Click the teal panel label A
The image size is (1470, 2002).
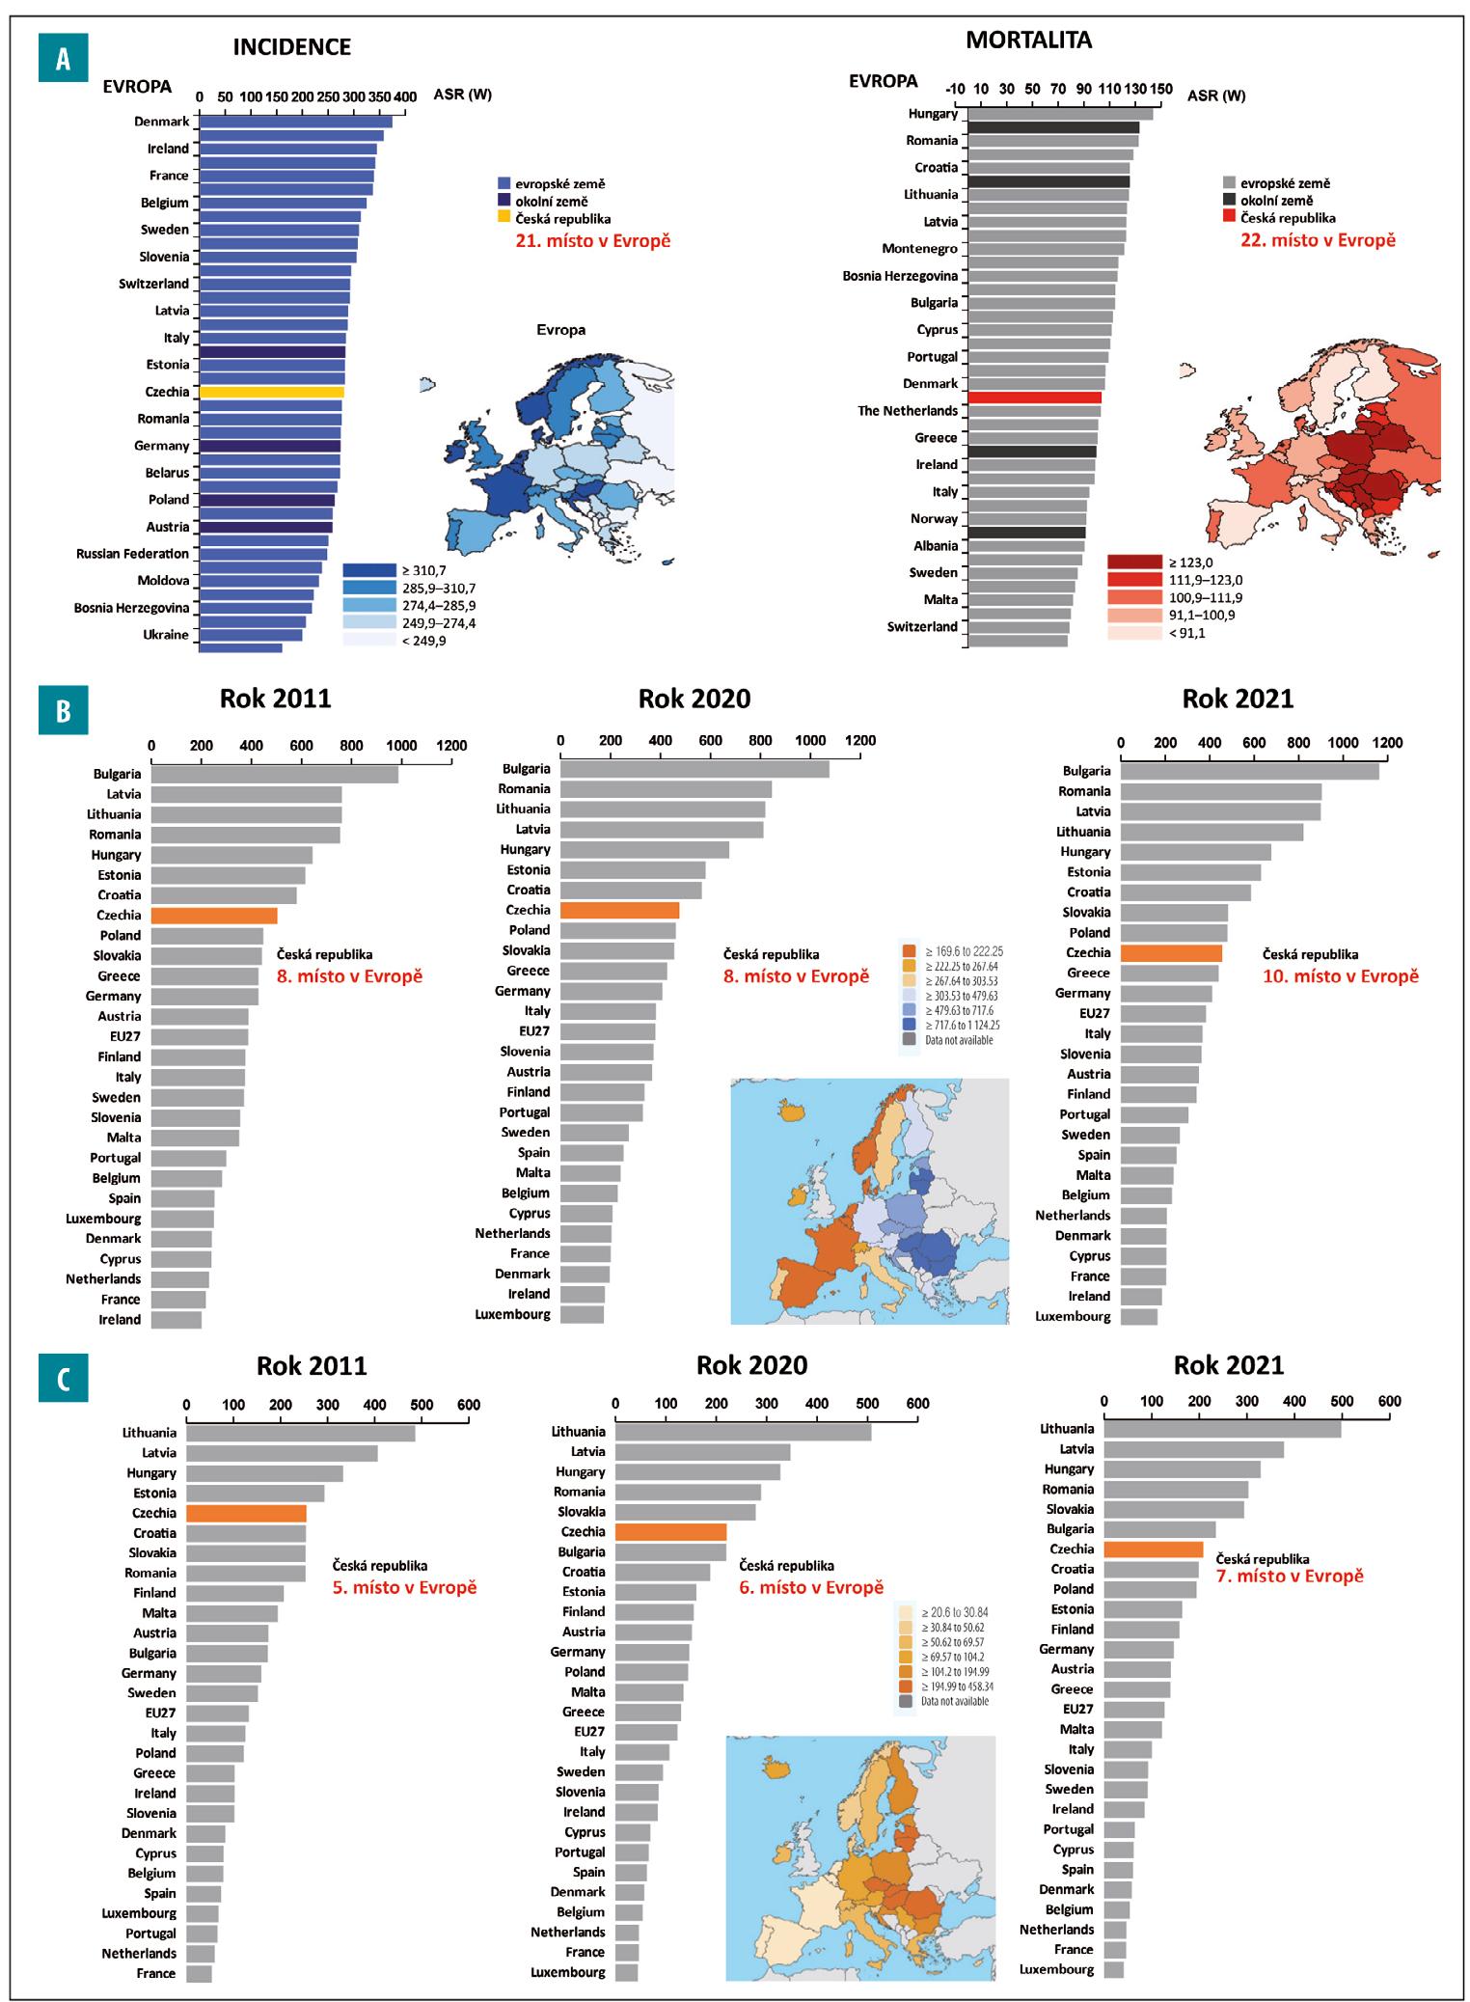tap(63, 59)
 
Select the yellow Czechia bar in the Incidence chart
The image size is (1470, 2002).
tap(271, 392)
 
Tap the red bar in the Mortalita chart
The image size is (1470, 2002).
tap(1034, 397)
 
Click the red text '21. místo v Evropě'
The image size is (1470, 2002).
tap(588, 241)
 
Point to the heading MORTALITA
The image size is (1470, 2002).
tap(1029, 41)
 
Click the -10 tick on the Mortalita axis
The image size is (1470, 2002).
tap(956, 90)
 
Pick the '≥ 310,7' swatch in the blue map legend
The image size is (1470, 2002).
tap(369, 570)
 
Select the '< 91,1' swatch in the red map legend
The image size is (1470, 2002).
tap(1134, 633)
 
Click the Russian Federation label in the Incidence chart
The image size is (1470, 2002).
tap(133, 554)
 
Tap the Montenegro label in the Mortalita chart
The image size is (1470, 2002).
tap(919, 249)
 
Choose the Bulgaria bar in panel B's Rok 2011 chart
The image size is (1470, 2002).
tap(274, 774)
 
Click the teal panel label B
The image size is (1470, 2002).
tap(63, 710)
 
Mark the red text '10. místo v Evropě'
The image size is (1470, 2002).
tap(1341, 976)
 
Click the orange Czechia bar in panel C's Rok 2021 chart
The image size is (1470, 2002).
tap(1153, 1549)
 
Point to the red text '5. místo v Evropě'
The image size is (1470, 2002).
tap(405, 1587)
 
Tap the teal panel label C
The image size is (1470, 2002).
tap(63, 1379)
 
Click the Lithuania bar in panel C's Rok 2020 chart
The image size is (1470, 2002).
tap(743, 1432)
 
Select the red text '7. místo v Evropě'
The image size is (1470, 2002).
tap(1290, 1576)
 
